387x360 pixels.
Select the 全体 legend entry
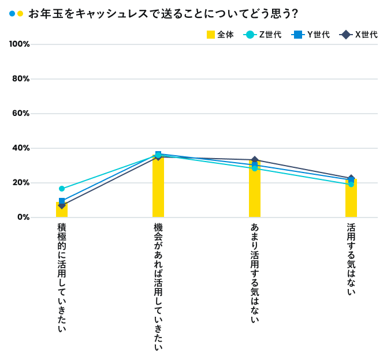coord(221,35)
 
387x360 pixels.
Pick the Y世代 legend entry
coord(312,35)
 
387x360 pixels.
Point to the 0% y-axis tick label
coord(23,217)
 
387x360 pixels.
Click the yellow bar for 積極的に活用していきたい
coord(62,210)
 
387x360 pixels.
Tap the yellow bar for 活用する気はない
coord(351,199)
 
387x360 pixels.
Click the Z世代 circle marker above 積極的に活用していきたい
coord(62,189)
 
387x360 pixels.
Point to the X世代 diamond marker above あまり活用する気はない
coord(255,160)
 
